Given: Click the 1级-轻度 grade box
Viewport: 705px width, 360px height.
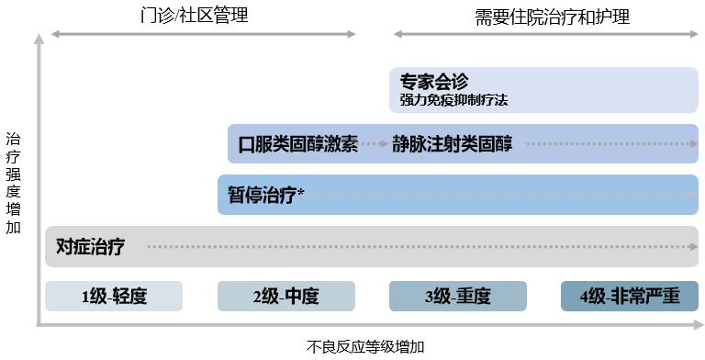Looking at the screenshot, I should pyautogui.click(x=114, y=297).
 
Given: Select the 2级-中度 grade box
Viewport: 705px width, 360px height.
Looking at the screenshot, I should pyautogui.click(x=285, y=297).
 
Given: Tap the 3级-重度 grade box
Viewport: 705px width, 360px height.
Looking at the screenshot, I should pyautogui.click(x=457, y=297).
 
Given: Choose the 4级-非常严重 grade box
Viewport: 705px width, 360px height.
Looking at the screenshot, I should pyautogui.click(x=629, y=297).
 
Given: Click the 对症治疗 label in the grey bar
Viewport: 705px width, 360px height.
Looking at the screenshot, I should pyautogui.click(x=90, y=246).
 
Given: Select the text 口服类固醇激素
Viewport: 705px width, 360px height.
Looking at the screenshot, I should pyautogui.click(x=297, y=144).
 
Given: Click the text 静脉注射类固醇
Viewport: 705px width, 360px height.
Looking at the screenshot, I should pyautogui.click(x=452, y=144).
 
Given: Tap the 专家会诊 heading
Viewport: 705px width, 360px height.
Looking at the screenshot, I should pyautogui.click(x=434, y=81).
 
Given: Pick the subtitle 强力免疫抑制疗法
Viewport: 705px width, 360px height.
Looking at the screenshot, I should pyautogui.click(x=453, y=98).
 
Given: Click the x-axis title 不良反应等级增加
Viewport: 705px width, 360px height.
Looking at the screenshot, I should pyautogui.click(x=365, y=347).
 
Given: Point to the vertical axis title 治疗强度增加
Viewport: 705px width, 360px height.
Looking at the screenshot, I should pyautogui.click(x=13, y=184).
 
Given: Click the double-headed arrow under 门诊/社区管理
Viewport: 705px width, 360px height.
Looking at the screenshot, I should pyautogui.click(x=203, y=34).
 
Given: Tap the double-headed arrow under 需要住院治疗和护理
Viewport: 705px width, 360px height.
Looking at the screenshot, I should pyautogui.click(x=545, y=34).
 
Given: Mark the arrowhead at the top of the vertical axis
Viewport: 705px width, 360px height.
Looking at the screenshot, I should pyautogui.click(x=38, y=39).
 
